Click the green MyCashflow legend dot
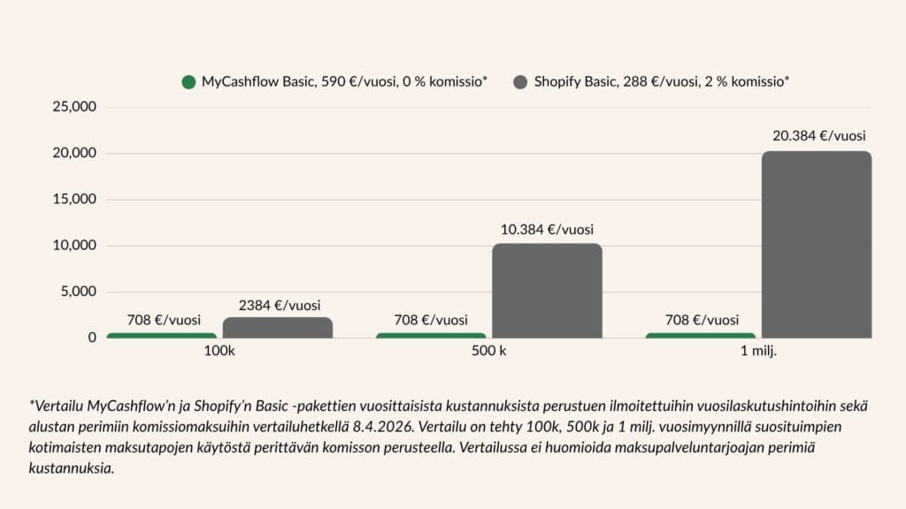(x=188, y=82)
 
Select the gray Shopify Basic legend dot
(x=519, y=82)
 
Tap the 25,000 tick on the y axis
(x=75, y=108)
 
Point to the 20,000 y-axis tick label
(x=75, y=154)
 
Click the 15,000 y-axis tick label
(x=75, y=200)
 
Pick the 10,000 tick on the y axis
(x=75, y=246)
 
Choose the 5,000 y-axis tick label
(x=79, y=292)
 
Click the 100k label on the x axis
(x=219, y=352)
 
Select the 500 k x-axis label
(x=489, y=352)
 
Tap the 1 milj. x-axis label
(x=758, y=352)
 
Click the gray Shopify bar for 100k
(x=278, y=327)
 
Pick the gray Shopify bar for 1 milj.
(x=816, y=244)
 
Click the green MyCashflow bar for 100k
(x=162, y=335)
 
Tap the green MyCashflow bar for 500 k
(x=431, y=335)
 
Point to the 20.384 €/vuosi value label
(x=818, y=136)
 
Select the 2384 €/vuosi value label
(x=279, y=306)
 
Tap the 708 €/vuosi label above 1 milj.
(x=702, y=320)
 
